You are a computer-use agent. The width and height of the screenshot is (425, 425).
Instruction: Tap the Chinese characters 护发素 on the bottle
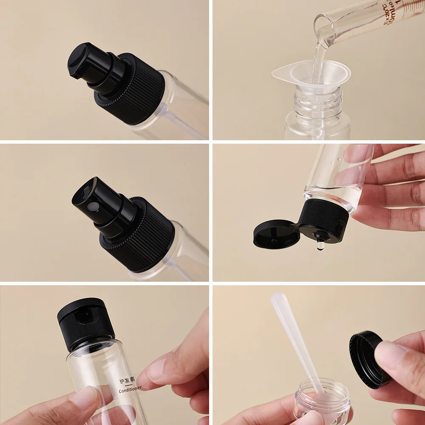tap(127, 379)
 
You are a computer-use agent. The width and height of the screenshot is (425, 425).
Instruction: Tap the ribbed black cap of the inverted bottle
tap(325, 217)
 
